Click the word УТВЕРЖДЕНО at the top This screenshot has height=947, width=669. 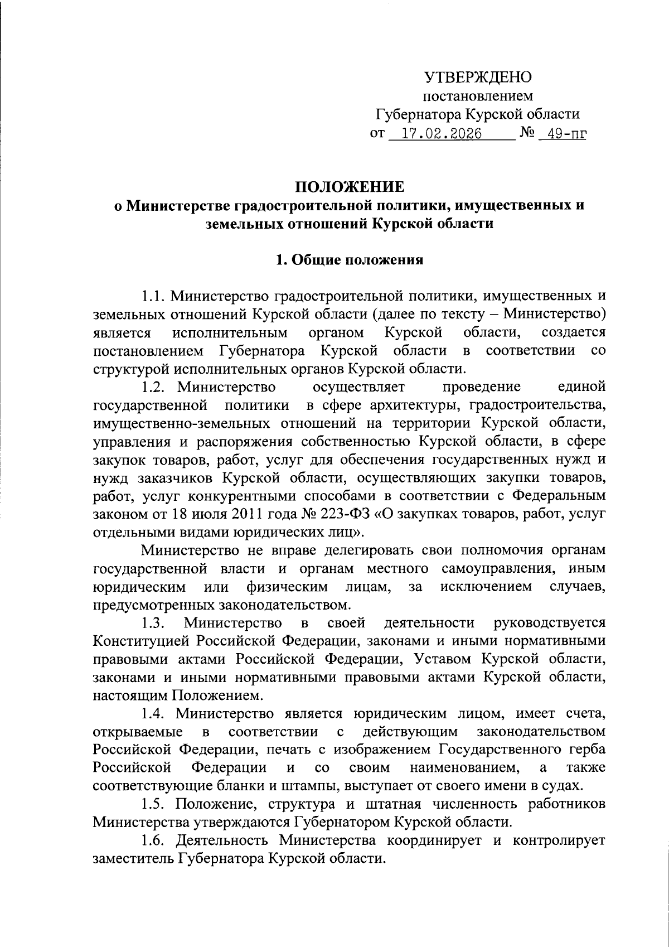pyautogui.click(x=478, y=77)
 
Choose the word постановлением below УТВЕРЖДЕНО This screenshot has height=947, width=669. pyautogui.click(x=478, y=96)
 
